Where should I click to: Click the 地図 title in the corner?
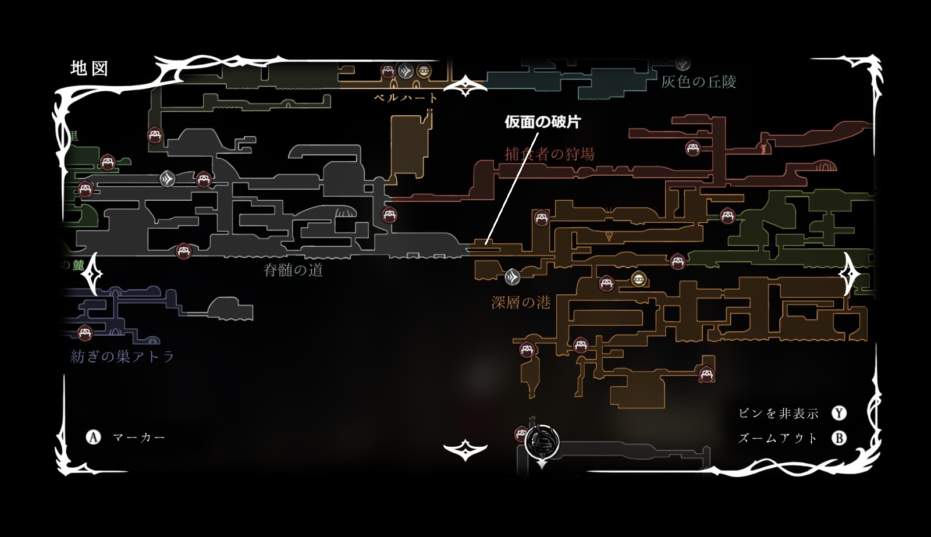(x=89, y=69)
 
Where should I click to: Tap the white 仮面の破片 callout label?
(x=542, y=122)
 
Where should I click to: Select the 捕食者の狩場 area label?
(x=549, y=154)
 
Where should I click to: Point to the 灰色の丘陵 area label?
(x=698, y=82)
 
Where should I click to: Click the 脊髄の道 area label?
(x=293, y=271)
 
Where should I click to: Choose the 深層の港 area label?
(x=521, y=303)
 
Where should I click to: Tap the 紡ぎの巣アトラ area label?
(x=122, y=357)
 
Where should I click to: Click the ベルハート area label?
(x=406, y=98)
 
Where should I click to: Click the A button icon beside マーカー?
(x=93, y=437)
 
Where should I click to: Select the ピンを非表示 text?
(x=779, y=414)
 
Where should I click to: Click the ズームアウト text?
(x=778, y=438)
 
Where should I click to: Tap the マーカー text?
(x=139, y=437)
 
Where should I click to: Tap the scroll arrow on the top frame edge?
(x=465, y=87)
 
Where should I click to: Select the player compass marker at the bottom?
(x=542, y=443)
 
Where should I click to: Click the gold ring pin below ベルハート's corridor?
(x=424, y=71)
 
